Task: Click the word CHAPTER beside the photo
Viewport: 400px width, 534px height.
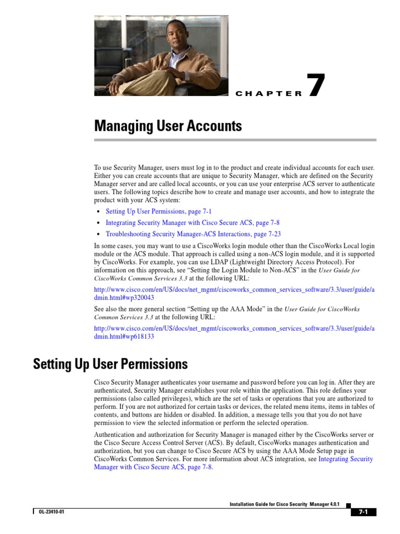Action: [269, 94]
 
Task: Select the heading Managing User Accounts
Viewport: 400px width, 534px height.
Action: [168, 126]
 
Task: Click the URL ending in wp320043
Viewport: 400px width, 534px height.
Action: [234, 293]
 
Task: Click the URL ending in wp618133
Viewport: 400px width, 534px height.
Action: [234, 332]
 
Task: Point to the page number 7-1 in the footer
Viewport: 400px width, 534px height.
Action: [363, 512]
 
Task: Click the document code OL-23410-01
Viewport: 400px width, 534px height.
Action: [51, 512]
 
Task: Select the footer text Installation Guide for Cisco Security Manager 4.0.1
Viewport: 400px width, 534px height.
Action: [284, 504]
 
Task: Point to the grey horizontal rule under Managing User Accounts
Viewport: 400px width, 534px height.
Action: [235, 140]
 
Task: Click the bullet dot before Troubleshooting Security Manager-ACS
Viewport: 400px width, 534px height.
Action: [99, 235]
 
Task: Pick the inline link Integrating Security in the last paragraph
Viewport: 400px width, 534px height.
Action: [345, 459]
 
